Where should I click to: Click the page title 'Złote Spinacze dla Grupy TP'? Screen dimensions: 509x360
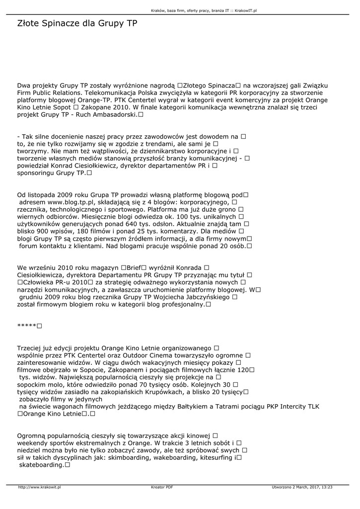pyautogui.click(x=77, y=23)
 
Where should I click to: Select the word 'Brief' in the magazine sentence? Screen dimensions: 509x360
pyautogui.click(x=135, y=268)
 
